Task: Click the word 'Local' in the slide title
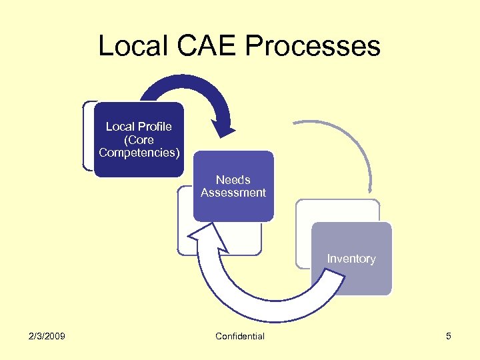pos(133,46)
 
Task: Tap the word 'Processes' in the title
pos(313,46)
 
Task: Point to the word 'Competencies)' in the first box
pos(139,153)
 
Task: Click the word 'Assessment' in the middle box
pos(233,193)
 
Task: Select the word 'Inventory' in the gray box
pos(351,259)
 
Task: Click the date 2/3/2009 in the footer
pos(47,336)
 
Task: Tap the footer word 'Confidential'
pos(240,336)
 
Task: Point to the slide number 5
pos(449,336)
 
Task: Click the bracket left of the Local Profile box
pos(86,137)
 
